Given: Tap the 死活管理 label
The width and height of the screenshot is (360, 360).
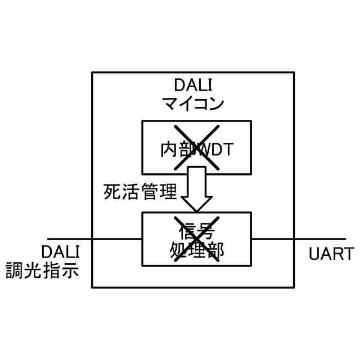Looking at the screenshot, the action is (x=141, y=192).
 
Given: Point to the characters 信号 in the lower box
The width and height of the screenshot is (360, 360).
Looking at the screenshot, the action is (x=196, y=230).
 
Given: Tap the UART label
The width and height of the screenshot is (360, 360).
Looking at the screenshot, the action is (x=331, y=253).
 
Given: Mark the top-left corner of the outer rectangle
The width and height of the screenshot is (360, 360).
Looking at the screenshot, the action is (x=92, y=72).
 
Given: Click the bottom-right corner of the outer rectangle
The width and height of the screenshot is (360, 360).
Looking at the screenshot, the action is (x=294, y=287).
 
